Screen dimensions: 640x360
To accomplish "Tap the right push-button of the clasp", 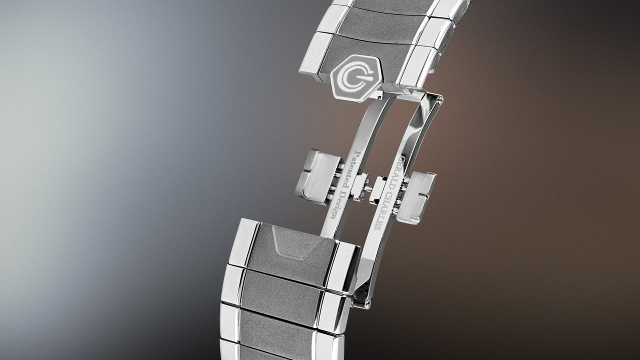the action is (x=415, y=197).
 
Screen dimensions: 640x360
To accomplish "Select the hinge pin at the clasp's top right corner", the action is (x=440, y=98).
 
